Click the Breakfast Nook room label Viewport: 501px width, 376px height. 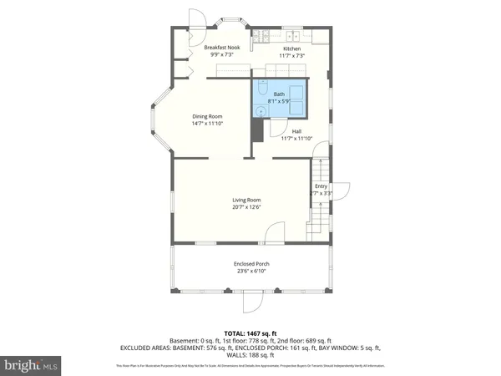[x=223, y=48]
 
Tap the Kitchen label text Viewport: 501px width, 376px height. [x=291, y=49]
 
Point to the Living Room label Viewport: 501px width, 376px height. [x=247, y=200]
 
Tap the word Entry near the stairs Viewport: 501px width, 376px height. [x=321, y=186]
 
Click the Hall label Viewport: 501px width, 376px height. [x=296, y=131]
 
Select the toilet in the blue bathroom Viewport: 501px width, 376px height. [x=262, y=90]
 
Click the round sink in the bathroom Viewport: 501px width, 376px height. [x=261, y=109]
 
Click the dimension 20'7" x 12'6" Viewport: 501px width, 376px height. [x=247, y=207]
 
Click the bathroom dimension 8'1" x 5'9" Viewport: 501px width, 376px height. [x=279, y=101]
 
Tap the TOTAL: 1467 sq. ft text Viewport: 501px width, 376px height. [x=250, y=333]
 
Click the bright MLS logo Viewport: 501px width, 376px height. [x=31, y=365]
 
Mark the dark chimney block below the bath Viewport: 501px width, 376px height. [x=257, y=130]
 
